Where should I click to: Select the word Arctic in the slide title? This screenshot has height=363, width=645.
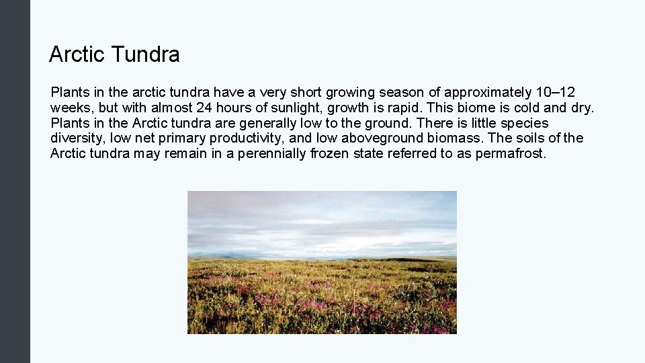pos(76,54)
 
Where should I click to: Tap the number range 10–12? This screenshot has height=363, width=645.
pos(556,92)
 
